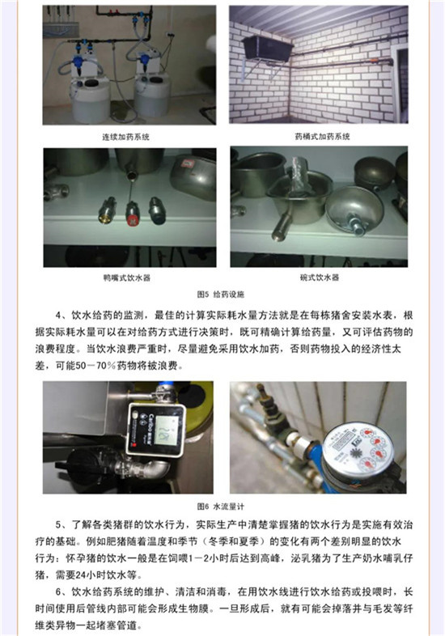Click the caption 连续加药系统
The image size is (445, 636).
126,137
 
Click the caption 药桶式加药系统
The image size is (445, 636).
323,137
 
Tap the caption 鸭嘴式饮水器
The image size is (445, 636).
127,278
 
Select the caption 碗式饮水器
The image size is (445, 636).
320,278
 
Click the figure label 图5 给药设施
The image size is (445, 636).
221,294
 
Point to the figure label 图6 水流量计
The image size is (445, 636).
221,507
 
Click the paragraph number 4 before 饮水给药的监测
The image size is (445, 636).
58,315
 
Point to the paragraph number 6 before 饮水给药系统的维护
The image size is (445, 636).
58,591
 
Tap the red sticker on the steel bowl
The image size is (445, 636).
188,163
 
